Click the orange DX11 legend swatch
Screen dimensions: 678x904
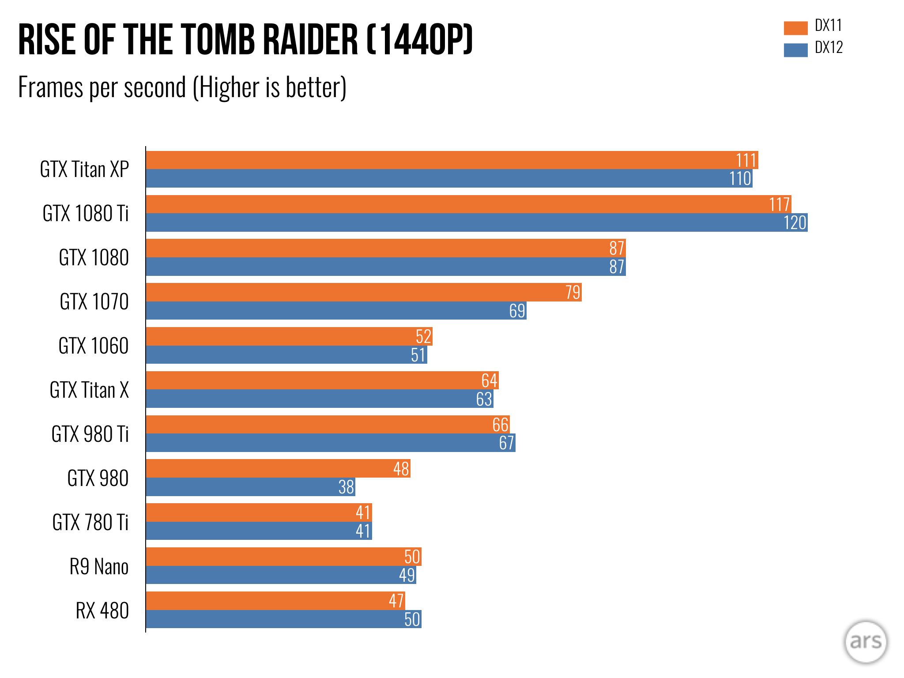pyautogui.click(x=795, y=28)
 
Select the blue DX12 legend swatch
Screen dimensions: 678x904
pyautogui.click(x=795, y=50)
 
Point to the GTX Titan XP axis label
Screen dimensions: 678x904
pyautogui.click(x=84, y=169)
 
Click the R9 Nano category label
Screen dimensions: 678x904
pyautogui.click(x=99, y=567)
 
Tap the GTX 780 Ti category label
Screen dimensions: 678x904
pyautogui.click(x=90, y=523)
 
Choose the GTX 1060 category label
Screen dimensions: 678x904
pyautogui.click(x=94, y=346)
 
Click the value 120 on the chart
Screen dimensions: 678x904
pyautogui.click(x=795, y=223)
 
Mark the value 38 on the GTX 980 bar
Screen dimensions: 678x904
pyautogui.click(x=346, y=487)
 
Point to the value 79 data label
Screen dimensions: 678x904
pyautogui.click(x=573, y=293)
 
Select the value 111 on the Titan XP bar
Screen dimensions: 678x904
pyautogui.click(x=746, y=160)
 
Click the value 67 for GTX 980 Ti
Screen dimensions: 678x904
pyautogui.click(x=506, y=443)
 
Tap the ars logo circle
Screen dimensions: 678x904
pyautogui.click(x=865, y=642)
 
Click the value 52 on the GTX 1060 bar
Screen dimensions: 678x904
pyautogui.click(x=423, y=337)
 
